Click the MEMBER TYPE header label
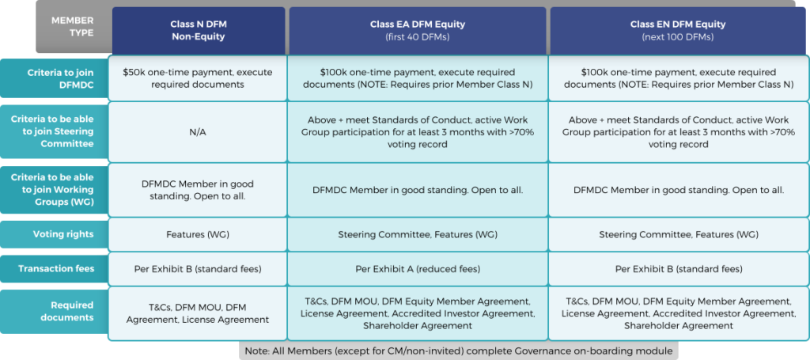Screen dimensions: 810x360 point(72,27)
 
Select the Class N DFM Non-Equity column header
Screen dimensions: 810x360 point(199,31)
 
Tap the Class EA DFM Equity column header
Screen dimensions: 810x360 point(418,31)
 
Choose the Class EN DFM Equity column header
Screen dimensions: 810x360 point(678,31)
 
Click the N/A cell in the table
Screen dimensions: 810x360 point(197,132)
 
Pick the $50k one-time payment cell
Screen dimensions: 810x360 point(197,78)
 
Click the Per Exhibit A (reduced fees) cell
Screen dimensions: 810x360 point(418,269)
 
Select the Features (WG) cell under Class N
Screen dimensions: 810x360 point(197,234)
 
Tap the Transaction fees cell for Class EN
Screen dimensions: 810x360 point(679,269)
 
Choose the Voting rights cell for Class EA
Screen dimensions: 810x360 point(418,234)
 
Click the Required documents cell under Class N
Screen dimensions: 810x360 point(197,313)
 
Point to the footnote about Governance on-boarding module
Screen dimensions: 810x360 point(459,351)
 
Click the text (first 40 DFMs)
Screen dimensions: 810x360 point(418,37)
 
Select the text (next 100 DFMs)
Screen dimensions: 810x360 point(678,37)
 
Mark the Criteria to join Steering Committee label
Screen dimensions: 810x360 point(53,131)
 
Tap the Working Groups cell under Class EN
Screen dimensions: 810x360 point(679,190)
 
